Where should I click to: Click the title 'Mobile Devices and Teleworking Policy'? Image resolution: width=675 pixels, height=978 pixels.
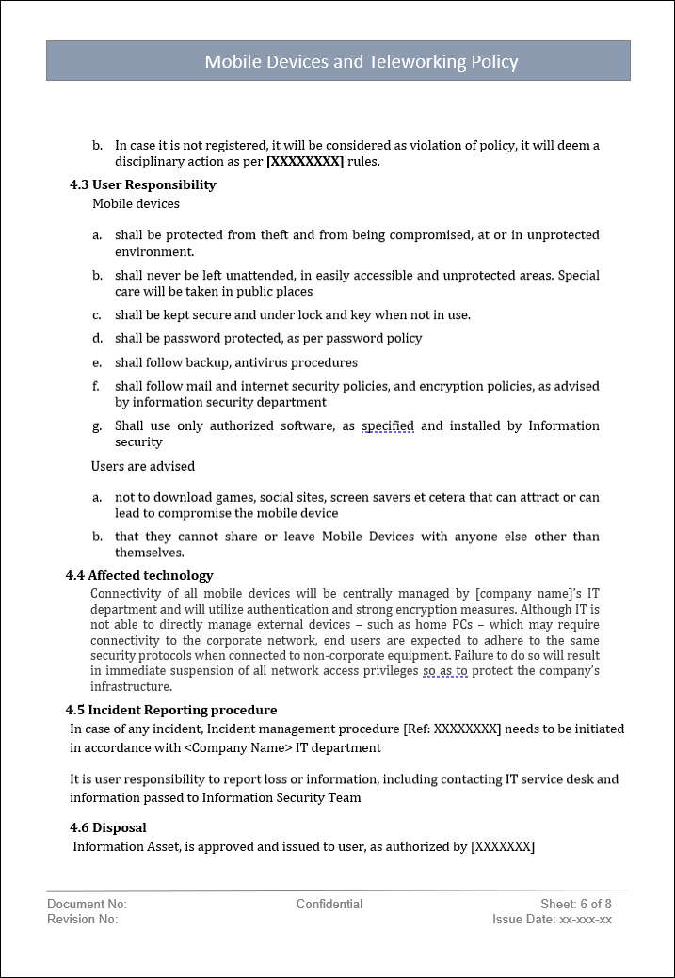(x=362, y=62)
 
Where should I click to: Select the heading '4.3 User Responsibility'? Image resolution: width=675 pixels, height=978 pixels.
(x=142, y=184)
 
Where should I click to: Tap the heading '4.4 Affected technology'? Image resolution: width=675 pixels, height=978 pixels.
(x=139, y=575)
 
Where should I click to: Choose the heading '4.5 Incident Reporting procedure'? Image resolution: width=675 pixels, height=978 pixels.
(x=171, y=710)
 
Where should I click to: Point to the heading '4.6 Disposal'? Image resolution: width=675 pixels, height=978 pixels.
(x=108, y=827)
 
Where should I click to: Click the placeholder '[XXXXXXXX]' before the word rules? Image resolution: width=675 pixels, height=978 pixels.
(x=305, y=162)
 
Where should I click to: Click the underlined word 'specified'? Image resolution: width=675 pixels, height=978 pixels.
(x=388, y=426)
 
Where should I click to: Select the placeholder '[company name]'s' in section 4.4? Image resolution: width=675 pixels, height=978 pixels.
(x=528, y=593)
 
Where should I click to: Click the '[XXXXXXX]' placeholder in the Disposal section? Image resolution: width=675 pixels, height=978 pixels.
(x=503, y=846)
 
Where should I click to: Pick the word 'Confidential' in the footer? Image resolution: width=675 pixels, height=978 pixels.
(x=329, y=904)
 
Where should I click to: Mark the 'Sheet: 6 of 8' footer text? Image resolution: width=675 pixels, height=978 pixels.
(x=576, y=904)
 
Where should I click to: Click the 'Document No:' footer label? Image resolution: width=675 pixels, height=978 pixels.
(x=87, y=904)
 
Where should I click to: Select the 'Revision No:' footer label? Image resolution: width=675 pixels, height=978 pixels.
(x=83, y=920)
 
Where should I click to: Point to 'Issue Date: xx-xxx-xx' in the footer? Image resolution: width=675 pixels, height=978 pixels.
(x=552, y=920)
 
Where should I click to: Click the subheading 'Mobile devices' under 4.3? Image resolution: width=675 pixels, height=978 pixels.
(x=136, y=203)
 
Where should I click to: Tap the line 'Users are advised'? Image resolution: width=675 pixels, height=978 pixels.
(x=143, y=466)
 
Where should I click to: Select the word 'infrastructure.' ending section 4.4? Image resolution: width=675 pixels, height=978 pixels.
(x=131, y=687)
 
